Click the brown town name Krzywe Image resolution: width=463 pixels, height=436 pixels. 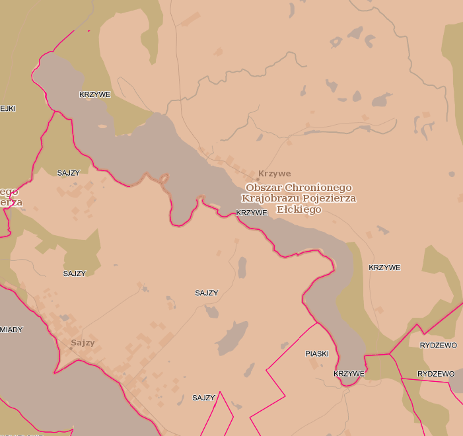tap(275, 174)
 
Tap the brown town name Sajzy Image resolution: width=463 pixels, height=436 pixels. tap(83, 343)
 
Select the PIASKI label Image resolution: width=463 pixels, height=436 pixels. tap(317, 354)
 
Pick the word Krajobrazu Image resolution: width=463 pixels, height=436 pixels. tap(267, 198)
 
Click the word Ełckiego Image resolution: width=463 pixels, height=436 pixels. tap(299, 209)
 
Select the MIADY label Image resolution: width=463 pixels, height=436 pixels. tap(11, 329)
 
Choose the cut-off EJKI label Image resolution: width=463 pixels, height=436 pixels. tap(8, 108)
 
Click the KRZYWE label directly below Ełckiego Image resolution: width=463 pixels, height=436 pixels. tap(252, 213)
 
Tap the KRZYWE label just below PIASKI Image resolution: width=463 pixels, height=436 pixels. tap(349, 374)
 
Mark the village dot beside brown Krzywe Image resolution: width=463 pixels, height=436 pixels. tap(258, 178)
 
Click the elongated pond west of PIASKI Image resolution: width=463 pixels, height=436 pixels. tap(231, 340)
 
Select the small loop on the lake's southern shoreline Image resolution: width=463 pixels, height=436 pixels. tap(164, 178)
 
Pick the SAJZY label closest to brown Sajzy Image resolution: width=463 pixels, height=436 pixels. tap(75, 273)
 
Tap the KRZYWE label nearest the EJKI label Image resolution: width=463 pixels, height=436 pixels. tap(94, 94)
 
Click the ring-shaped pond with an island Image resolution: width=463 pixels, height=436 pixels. tap(336, 43)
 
